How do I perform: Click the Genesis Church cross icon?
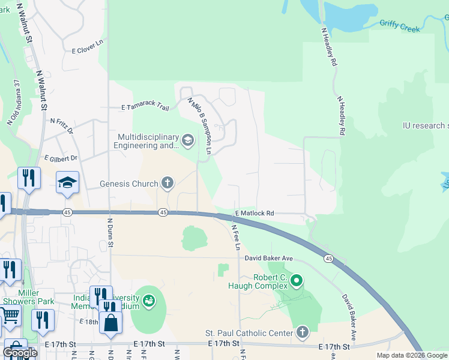[167, 184]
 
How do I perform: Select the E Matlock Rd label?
[255, 213]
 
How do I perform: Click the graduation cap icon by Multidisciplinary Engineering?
[187, 141]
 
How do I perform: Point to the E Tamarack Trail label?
[145, 107]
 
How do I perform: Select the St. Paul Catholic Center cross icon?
[302, 332]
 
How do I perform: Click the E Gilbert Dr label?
[61, 158]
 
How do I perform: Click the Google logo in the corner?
[20, 352]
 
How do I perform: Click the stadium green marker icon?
[148, 299]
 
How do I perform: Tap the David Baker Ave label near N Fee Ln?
[268, 258]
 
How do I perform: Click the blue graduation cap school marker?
[67, 184]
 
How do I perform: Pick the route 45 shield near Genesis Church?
[163, 212]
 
